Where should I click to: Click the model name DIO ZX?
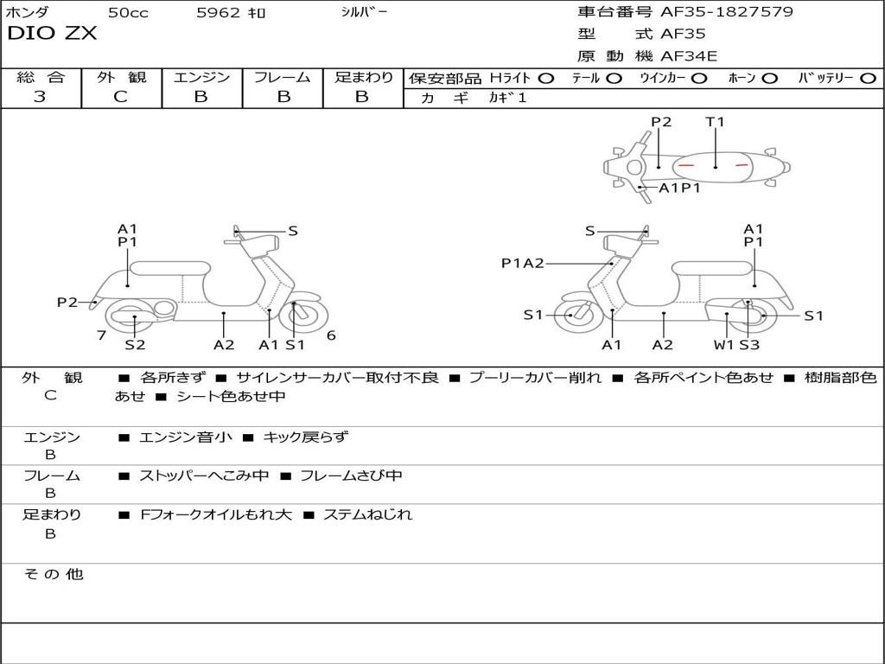click(52, 34)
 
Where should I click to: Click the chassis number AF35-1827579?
click(726, 12)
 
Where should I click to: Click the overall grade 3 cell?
click(40, 97)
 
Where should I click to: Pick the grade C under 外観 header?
click(120, 97)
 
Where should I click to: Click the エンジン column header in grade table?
click(201, 77)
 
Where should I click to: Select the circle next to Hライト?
click(546, 79)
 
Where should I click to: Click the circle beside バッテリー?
click(868, 79)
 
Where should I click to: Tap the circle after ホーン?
click(769, 79)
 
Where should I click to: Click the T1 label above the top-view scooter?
click(715, 122)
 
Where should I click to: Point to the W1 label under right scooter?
click(723, 345)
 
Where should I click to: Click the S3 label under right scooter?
click(749, 345)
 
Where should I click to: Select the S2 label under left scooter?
click(135, 345)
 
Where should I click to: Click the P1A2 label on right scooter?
click(523, 263)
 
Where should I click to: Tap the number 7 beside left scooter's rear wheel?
click(102, 335)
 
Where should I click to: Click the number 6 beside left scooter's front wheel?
click(331, 335)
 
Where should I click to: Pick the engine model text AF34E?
click(689, 56)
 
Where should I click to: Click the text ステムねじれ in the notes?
click(367, 514)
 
